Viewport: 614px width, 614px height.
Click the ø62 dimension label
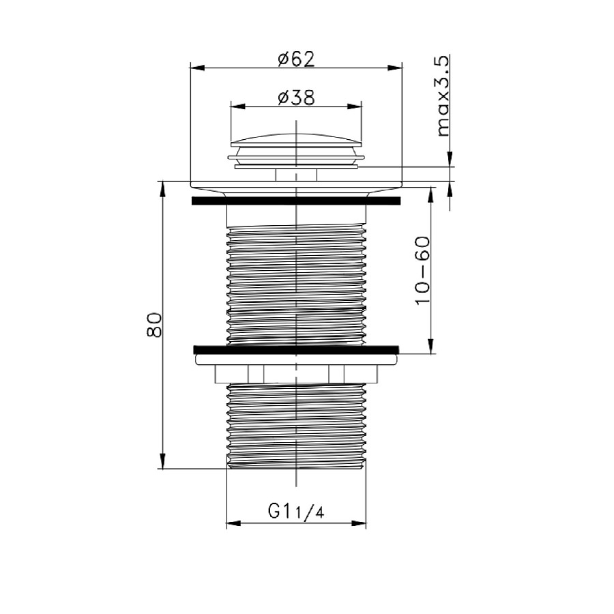tap(296, 59)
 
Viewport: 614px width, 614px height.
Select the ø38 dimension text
tap(296, 98)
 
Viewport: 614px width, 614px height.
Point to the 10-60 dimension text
tap(422, 270)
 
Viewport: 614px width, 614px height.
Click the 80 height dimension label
tap(154, 325)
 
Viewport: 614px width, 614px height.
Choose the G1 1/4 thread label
tap(296, 512)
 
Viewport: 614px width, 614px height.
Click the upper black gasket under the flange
tap(296, 201)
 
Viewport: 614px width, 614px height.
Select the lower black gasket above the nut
tap(296, 350)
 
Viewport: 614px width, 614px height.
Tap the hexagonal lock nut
tap(296, 374)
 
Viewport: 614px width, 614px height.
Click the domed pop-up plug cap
tap(296, 140)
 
